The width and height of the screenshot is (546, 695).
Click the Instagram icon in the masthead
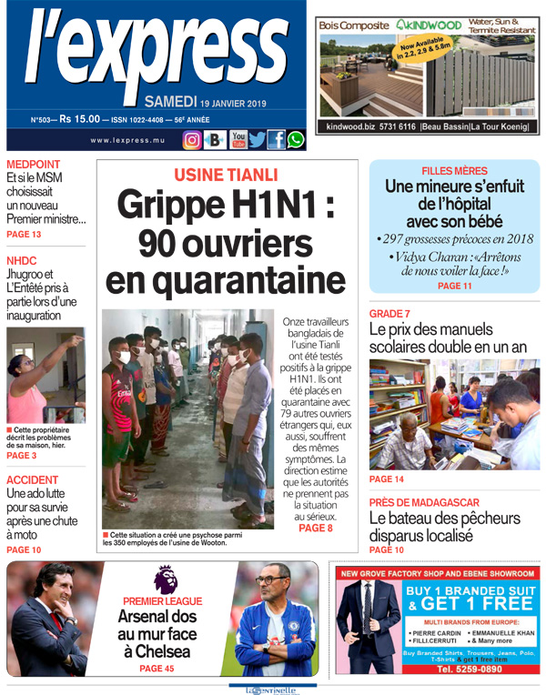point(192,140)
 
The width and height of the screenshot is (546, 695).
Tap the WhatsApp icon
point(296,140)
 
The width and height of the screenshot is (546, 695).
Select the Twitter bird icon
point(258,140)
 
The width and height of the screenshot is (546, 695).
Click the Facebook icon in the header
point(276,140)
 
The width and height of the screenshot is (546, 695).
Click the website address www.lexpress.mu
point(127,140)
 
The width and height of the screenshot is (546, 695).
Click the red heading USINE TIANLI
point(227,176)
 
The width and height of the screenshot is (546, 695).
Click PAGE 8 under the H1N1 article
point(316,528)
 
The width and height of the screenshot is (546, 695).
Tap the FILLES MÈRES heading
point(454,171)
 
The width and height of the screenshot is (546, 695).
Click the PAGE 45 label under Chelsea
point(157,669)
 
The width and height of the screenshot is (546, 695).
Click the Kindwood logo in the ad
point(430,25)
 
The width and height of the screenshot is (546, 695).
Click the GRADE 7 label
point(389,314)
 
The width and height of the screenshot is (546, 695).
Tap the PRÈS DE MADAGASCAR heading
point(424,503)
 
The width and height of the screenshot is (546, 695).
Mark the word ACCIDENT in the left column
point(33,480)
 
